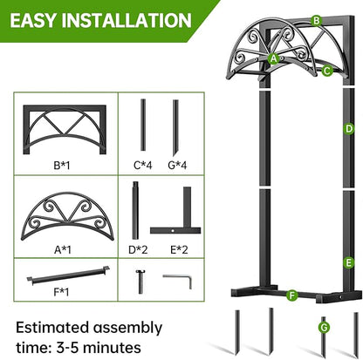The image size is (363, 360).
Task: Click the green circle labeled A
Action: click(x=274, y=58)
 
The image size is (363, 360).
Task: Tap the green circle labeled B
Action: click(x=317, y=20)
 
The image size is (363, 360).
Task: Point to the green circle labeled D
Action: click(x=348, y=129)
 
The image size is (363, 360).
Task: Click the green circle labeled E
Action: click(x=348, y=262)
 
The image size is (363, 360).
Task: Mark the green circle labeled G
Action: click(x=324, y=327)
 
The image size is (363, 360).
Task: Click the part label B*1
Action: click(x=62, y=162)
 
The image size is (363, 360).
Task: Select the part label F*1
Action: click(x=62, y=303)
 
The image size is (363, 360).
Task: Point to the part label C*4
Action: click(x=143, y=162)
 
